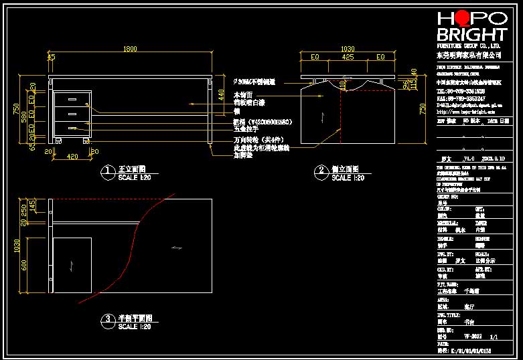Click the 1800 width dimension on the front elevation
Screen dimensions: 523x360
(x=131, y=48)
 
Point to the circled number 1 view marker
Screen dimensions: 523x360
(x=106, y=172)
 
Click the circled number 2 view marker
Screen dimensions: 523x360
(x=320, y=172)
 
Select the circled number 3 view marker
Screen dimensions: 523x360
(x=106, y=321)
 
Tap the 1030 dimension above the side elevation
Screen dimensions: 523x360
(x=348, y=49)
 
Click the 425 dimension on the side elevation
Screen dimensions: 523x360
(x=348, y=58)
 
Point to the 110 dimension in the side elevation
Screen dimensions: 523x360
(x=342, y=85)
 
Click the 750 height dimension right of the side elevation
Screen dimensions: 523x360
(x=422, y=109)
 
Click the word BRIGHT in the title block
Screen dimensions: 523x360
(x=471, y=35)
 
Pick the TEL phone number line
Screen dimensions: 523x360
(x=461, y=90)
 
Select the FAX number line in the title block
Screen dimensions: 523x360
(x=461, y=98)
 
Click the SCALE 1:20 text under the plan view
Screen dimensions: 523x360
(x=134, y=327)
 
